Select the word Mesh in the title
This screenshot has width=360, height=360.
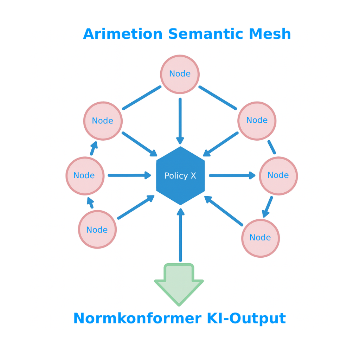pos(270,34)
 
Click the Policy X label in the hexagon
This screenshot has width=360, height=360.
pos(180,176)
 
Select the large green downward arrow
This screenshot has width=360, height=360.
pos(179,283)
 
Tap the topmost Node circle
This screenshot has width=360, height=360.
pos(180,74)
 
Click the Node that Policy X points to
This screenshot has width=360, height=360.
pos(278,175)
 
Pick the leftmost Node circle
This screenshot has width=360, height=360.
pos(85,176)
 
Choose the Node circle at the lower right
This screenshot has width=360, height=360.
pos(261,238)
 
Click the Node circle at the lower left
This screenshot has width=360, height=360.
pos(97,230)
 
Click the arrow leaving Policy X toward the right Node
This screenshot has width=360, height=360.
pos(232,175)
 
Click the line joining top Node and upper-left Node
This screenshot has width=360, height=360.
pos(142,98)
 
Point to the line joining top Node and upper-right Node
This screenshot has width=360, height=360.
pos(218,98)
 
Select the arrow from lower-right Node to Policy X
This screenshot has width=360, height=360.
pos(224,211)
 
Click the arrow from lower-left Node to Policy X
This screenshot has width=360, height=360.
pos(136,207)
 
